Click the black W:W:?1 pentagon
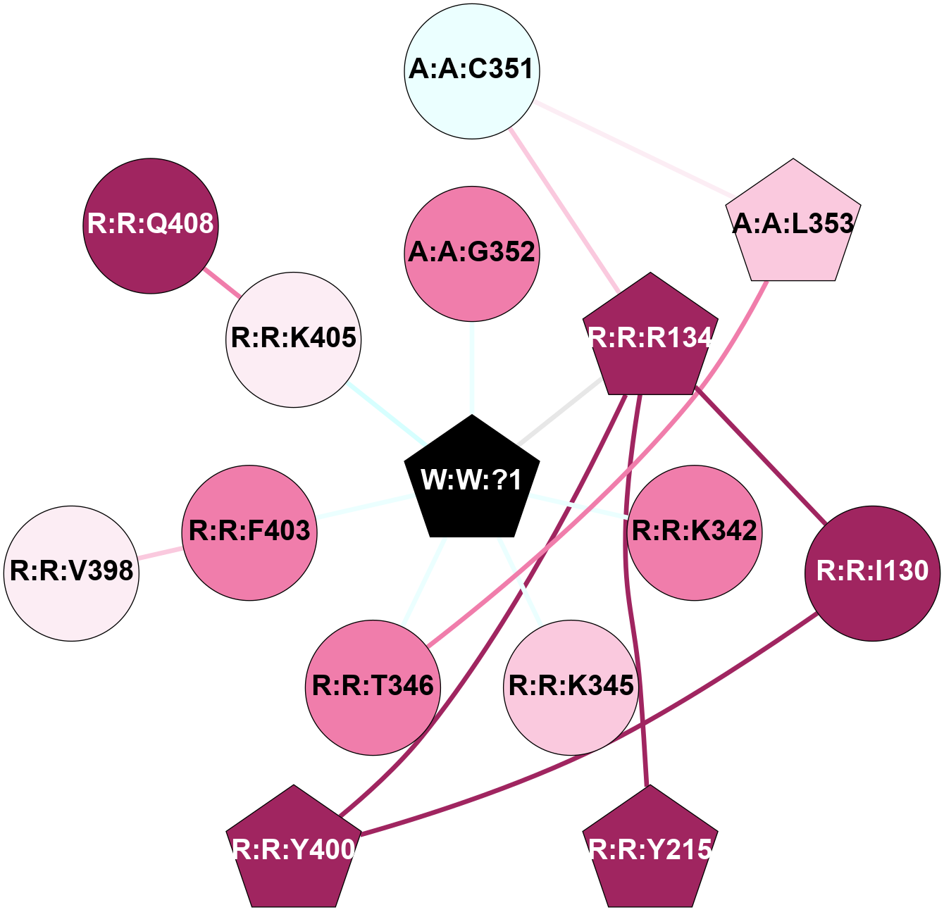(472, 480)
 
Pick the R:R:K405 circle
(294, 339)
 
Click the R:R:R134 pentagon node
(650, 338)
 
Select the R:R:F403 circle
(249, 532)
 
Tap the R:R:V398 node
(72, 573)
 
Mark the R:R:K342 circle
(695, 532)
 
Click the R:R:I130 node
(872, 573)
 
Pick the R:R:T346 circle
(373, 687)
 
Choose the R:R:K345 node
(571, 687)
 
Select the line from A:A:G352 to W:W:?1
(472, 370)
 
